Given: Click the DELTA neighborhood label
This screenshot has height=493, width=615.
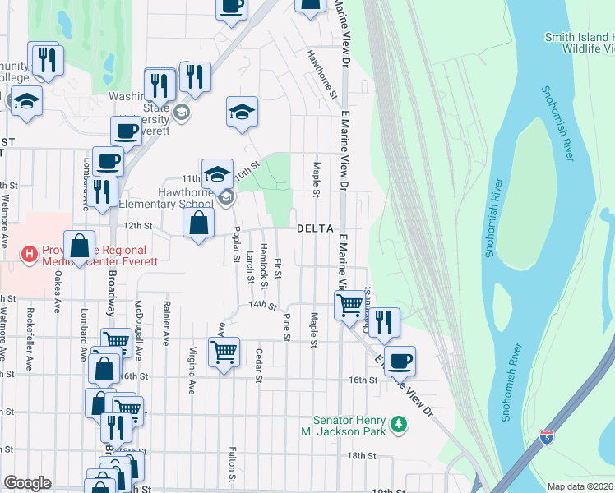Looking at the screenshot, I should click(315, 228).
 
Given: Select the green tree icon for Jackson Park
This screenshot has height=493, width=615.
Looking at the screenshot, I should click(399, 423).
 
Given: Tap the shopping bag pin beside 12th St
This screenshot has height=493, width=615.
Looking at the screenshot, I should click(199, 223).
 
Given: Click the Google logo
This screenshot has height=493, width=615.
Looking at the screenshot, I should click(27, 483).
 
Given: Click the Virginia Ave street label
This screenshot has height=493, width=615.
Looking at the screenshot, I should click(192, 373).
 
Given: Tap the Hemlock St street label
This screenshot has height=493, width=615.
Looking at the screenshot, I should click(264, 267).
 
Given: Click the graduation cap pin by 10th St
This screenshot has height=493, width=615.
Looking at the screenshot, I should click(218, 173).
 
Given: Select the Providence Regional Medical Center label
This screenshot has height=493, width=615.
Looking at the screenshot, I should click(82, 256).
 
